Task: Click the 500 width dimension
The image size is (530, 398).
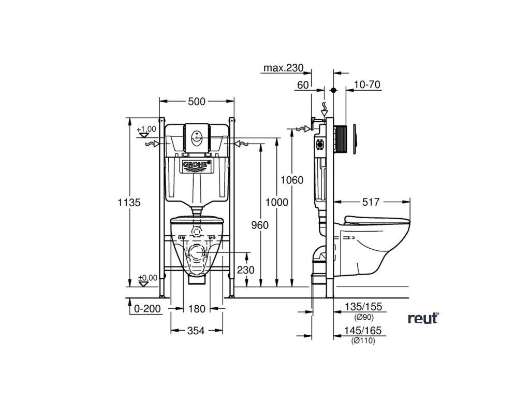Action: [x=197, y=102]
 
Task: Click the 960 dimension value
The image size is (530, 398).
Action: [x=259, y=225]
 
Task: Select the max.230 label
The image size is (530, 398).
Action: [x=283, y=68]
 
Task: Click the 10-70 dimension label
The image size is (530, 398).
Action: [x=367, y=85]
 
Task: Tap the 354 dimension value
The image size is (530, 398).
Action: [x=197, y=331]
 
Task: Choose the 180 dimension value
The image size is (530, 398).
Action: [x=197, y=308]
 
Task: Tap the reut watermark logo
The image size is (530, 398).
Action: [x=423, y=318]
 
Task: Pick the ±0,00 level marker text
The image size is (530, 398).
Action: [x=147, y=278]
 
